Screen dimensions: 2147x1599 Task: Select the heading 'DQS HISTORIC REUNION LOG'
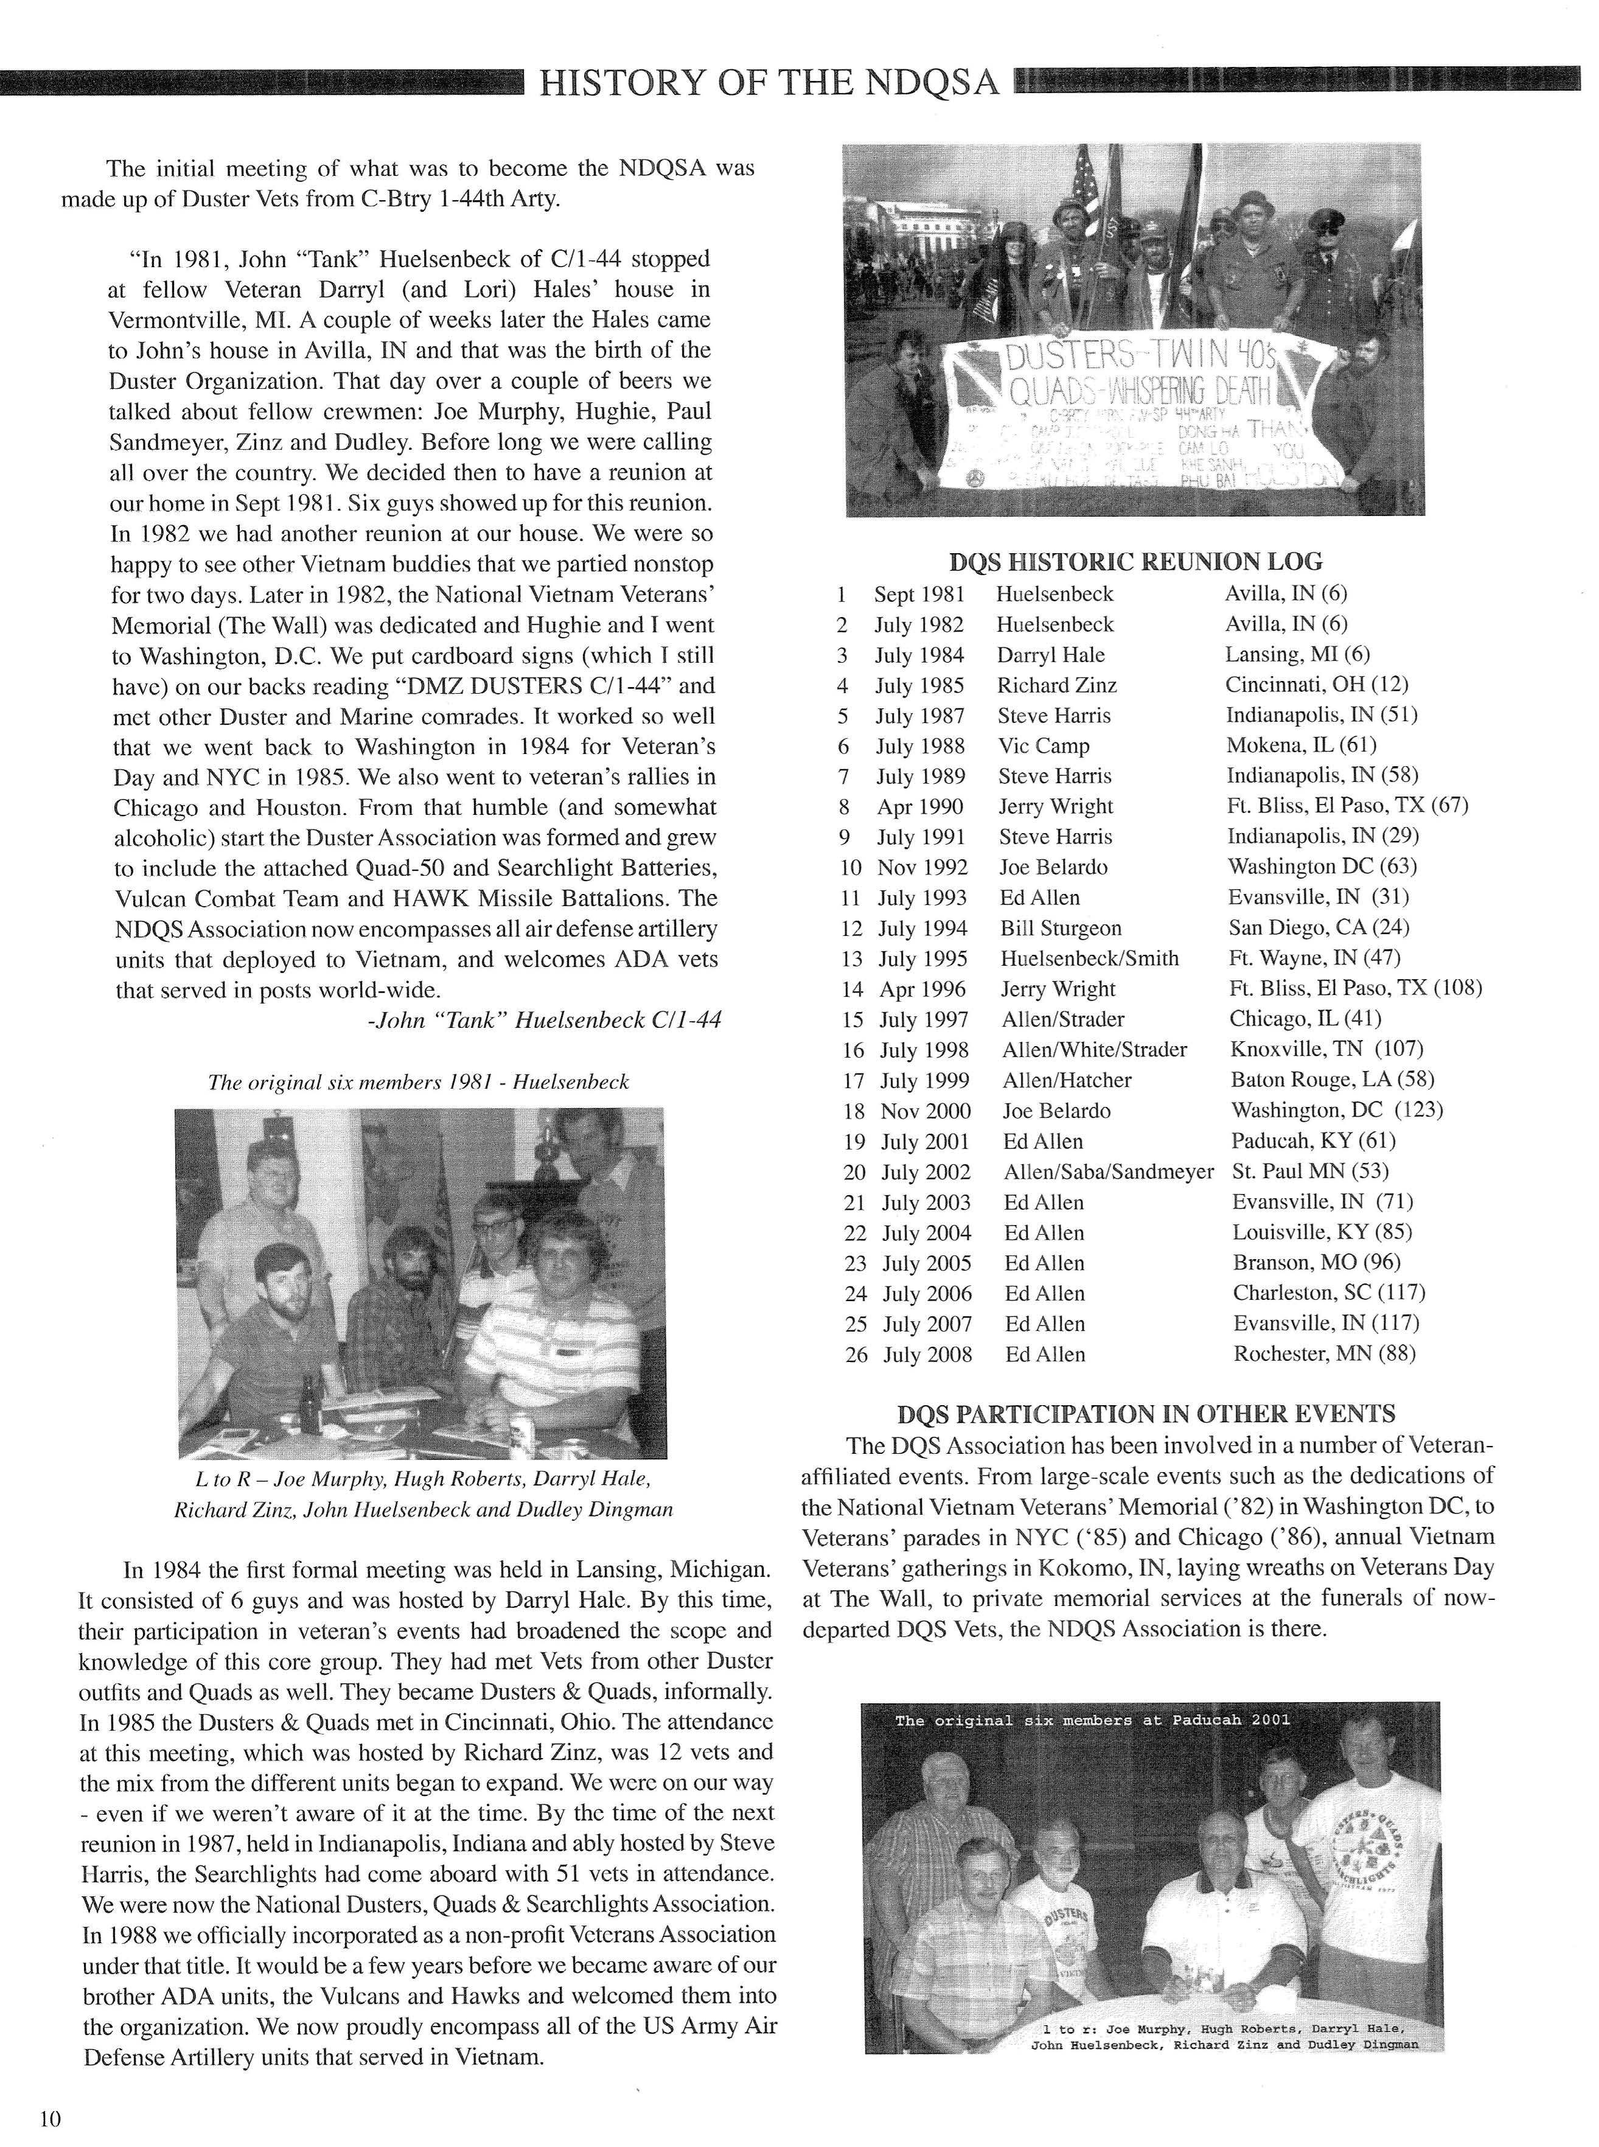point(1137,562)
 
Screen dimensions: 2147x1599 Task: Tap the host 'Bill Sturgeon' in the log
point(1061,928)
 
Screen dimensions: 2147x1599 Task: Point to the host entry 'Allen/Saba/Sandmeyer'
point(1108,1171)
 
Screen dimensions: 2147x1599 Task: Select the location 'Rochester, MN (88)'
point(1324,1353)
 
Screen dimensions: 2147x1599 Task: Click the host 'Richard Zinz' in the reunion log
point(1057,685)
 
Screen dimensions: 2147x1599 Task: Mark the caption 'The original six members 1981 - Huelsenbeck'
point(418,1082)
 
